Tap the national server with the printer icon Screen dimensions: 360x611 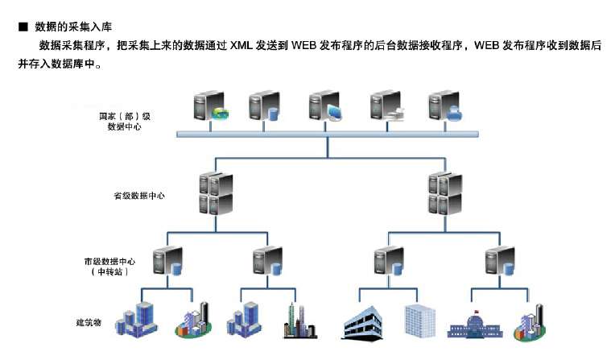386,107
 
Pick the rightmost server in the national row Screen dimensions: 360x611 444,107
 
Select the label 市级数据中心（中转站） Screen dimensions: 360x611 109,267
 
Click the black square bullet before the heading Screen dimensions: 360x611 23,27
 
